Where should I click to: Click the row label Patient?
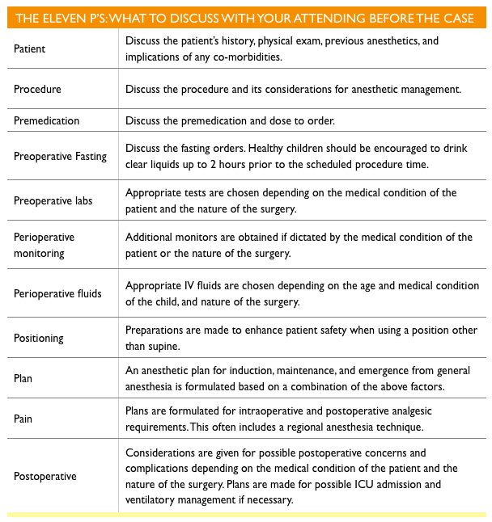point(30,48)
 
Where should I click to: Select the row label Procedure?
point(37,89)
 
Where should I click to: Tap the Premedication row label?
point(46,120)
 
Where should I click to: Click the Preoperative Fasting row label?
point(60,156)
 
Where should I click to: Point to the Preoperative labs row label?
point(53,200)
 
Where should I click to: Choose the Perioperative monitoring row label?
point(44,244)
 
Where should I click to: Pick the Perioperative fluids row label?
point(57,293)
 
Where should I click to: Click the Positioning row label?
point(38,338)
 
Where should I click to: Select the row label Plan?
point(23,378)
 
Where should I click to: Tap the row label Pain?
point(23,419)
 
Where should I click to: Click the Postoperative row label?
point(45,476)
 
